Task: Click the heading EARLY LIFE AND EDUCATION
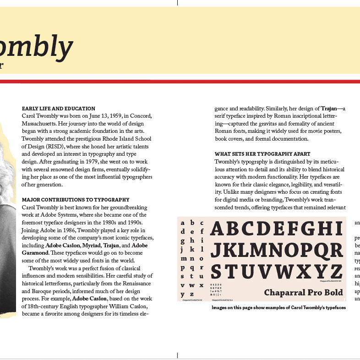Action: pyautogui.click(x=59, y=109)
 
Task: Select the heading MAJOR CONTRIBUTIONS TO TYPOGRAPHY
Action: pyautogui.click(x=76, y=200)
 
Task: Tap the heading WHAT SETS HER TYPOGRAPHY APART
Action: pyautogui.click(x=262, y=154)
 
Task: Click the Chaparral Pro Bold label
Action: pyautogui.click(x=304, y=292)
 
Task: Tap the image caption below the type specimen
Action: pyautogui.click(x=278, y=308)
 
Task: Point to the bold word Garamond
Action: pyautogui.click(x=35, y=253)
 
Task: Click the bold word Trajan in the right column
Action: pyautogui.click(x=328, y=109)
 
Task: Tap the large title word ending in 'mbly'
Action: pyautogui.click(x=37, y=46)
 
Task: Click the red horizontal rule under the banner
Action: pyautogui.click(x=180, y=82)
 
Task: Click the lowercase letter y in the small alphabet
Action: pyautogui.click(x=183, y=294)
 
